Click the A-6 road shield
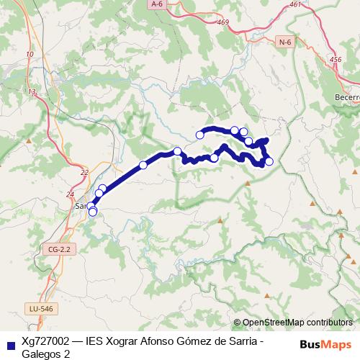[x=157, y=4]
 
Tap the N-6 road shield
[x=285, y=43]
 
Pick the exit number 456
[x=334, y=60]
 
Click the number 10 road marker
[x=29, y=55]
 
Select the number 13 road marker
[x=32, y=91]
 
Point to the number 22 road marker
[x=84, y=172]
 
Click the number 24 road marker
[x=70, y=194]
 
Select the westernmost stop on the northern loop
[x=199, y=135]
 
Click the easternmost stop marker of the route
[x=269, y=161]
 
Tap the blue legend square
[x=10, y=346]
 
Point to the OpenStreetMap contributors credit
[x=297, y=323]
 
